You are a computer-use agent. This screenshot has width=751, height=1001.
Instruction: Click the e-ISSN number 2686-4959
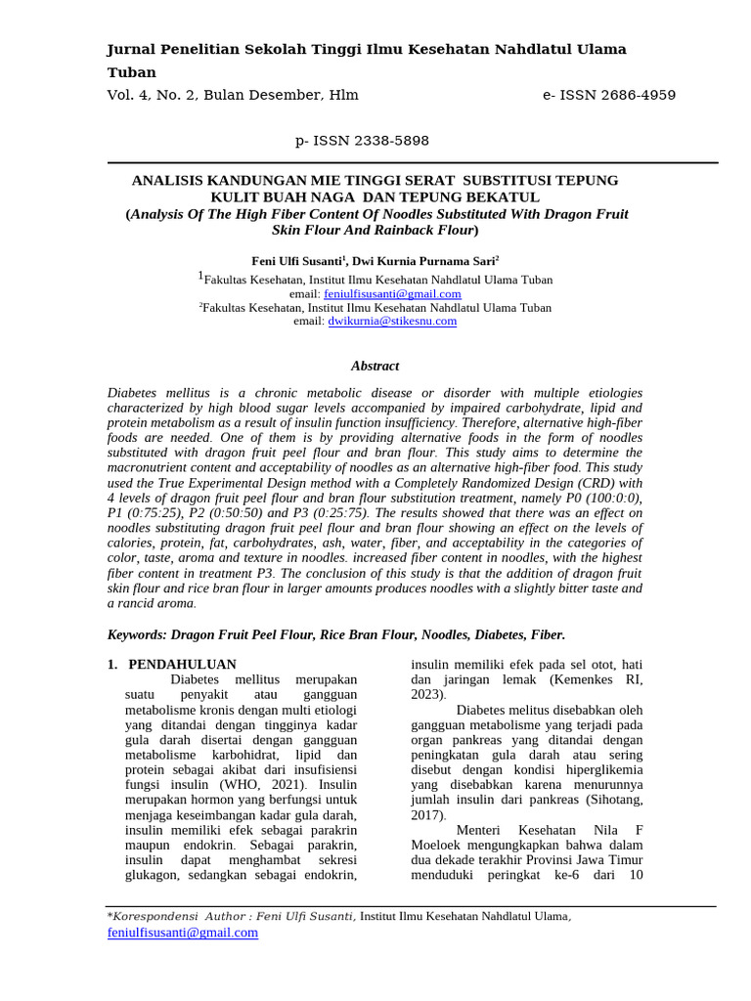tap(626, 95)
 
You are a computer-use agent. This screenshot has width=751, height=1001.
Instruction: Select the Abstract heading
tap(375, 366)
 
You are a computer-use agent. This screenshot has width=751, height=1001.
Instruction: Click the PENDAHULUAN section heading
tap(182, 664)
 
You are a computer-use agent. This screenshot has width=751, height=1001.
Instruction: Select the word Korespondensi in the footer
tap(155, 916)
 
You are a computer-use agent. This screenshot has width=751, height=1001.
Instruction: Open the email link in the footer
tap(182, 933)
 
